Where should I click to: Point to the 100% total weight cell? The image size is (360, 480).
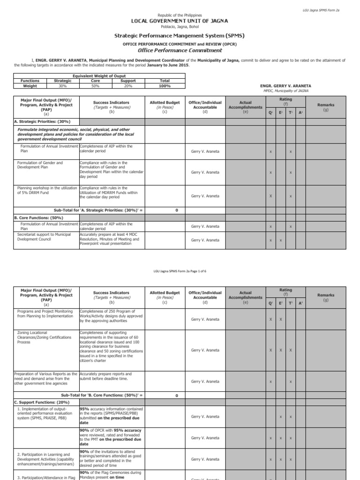click(164, 86)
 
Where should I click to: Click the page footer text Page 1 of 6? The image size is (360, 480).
click(180, 271)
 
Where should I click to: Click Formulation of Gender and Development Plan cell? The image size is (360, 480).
click(40, 165)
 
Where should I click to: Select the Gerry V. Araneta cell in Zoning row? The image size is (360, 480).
click(205, 350)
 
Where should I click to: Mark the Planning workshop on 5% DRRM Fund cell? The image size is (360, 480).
click(46, 190)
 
